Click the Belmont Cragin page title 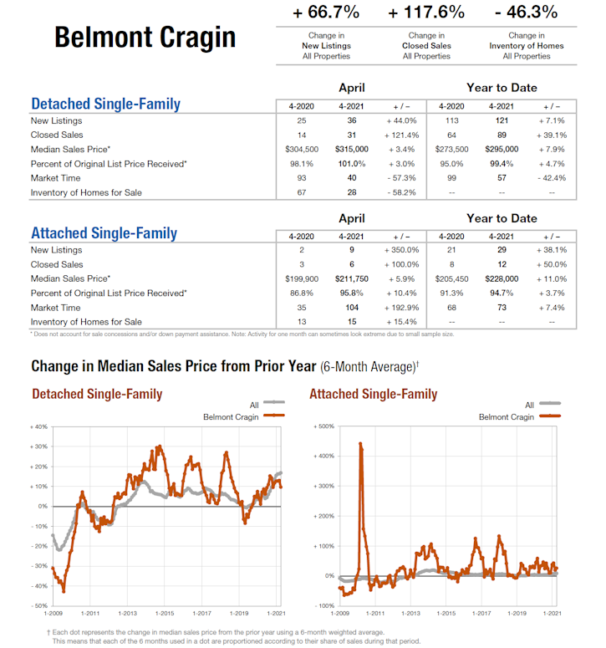(145, 37)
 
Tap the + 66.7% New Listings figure (326, 13)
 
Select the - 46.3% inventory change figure (526, 13)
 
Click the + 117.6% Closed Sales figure (426, 13)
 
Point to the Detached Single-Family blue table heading (105, 105)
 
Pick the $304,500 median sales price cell (301, 149)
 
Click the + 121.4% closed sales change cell (400, 135)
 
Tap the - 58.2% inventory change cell (400, 192)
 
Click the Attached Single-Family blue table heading (104, 233)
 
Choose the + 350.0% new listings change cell (400, 249)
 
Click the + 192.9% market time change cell (400, 307)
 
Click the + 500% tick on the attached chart (323, 426)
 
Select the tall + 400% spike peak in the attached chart (360, 444)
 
